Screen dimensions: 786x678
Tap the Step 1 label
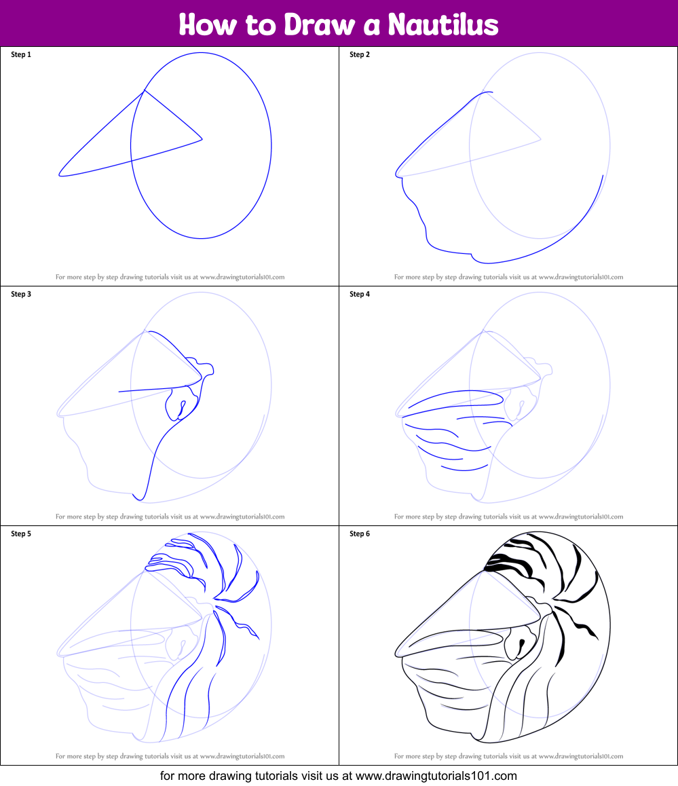[x=21, y=54]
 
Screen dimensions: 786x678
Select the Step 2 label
[x=360, y=54]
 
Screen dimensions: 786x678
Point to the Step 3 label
[x=21, y=294]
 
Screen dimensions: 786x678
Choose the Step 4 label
[x=360, y=294]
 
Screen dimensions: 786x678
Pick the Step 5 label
[x=21, y=534]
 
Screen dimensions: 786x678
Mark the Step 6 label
[x=360, y=534]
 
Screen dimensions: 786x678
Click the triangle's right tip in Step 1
[x=202, y=140]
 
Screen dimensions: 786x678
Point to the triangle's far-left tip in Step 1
[x=60, y=174]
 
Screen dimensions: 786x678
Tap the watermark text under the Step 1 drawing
[x=170, y=277]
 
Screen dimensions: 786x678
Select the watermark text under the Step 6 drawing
[x=508, y=756]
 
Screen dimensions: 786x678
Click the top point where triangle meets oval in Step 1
[x=143, y=91]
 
